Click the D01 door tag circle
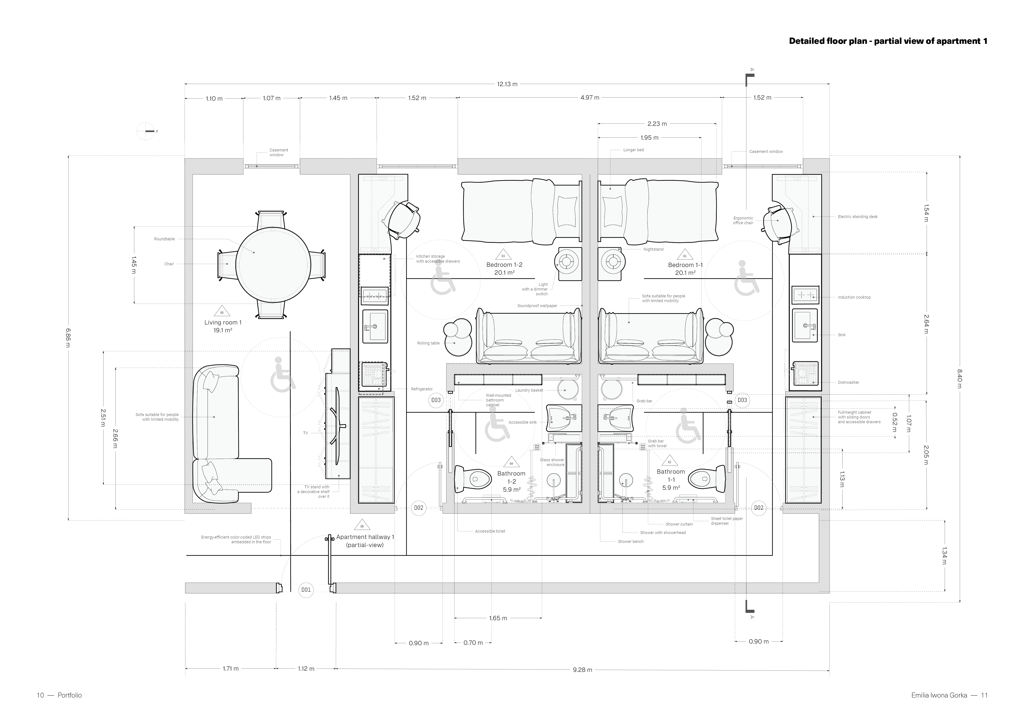[306, 590]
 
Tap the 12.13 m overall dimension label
[507, 84]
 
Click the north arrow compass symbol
[147, 131]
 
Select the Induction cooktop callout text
[854, 297]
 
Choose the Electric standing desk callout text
[858, 217]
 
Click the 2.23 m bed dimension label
[657, 124]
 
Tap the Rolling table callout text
[429, 343]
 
